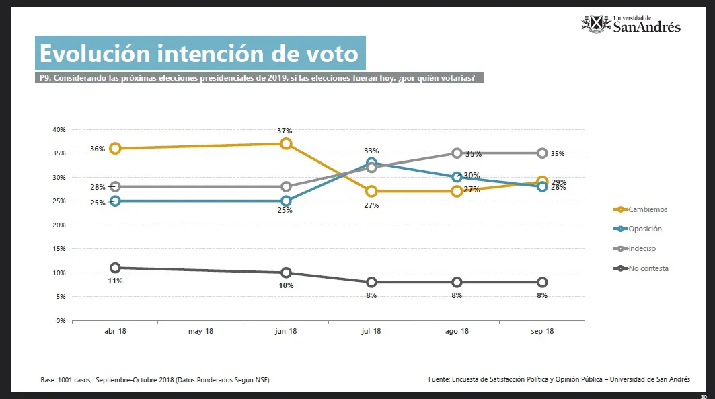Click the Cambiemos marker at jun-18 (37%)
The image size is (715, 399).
[x=286, y=143]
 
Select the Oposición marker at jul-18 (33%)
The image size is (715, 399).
[x=371, y=163]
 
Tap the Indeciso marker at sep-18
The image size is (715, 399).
[x=542, y=153]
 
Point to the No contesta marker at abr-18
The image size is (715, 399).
[x=115, y=268]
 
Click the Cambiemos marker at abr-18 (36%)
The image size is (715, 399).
[x=115, y=148]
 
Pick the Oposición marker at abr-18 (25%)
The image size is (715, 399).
[x=115, y=201]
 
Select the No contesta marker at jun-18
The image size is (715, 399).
[x=286, y=273]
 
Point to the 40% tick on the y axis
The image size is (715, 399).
[x=59, y=129]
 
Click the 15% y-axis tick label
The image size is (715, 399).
[x=59, y=249]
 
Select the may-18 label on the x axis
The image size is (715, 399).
[x=200, y=332]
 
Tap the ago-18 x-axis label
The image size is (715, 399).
[x=457, y=332]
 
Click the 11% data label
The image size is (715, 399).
[x=115, y=281]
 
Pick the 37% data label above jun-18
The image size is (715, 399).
[x=286, y=131]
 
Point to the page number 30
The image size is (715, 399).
[x=703, y=396]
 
